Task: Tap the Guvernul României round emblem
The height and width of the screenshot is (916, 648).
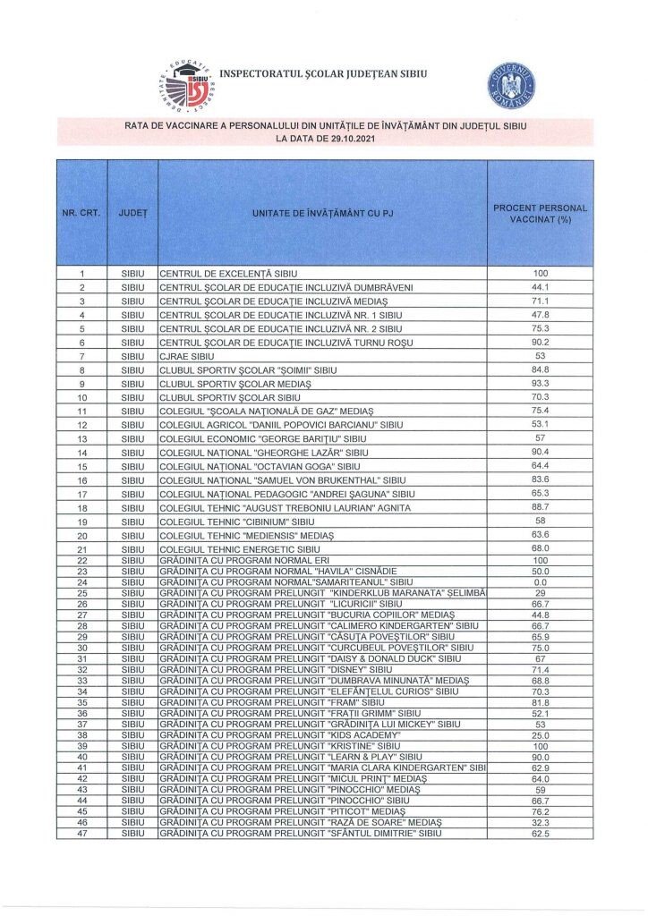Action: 511,83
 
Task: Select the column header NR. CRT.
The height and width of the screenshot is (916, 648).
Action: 81,214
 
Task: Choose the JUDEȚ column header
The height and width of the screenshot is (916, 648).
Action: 132,214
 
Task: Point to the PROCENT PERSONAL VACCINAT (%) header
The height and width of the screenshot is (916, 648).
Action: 540,214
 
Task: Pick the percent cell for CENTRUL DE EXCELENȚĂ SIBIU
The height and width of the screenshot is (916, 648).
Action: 540,273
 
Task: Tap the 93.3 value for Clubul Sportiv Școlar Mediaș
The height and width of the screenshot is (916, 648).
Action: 540,383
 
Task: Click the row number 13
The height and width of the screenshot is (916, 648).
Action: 81,438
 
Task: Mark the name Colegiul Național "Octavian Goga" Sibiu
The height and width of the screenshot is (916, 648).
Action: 260,466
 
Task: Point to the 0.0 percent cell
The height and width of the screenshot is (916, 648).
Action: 540,581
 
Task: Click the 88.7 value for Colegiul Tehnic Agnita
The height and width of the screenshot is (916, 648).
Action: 540,507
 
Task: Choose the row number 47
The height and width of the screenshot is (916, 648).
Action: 81,833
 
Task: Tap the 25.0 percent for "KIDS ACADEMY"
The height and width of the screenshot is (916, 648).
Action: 540,734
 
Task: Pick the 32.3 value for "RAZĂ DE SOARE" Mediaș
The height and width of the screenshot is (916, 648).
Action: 540,822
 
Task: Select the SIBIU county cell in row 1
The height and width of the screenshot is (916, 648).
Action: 132,273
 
